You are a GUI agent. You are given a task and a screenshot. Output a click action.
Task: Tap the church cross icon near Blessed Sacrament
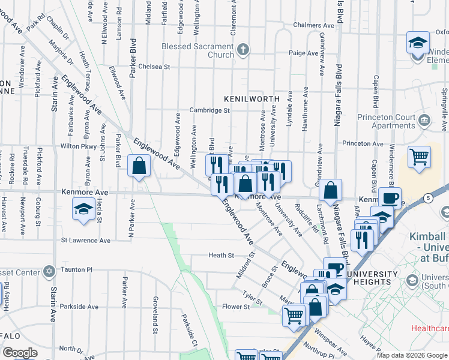243,50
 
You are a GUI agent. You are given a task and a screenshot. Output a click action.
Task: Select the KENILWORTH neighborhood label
252,98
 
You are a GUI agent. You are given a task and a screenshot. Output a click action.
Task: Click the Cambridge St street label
209,110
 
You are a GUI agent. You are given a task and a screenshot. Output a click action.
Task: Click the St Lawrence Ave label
86,240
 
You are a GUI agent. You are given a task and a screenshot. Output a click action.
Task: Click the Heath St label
221,256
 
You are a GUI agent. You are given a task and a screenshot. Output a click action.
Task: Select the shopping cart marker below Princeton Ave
419,157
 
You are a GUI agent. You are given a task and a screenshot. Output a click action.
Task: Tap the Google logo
20,353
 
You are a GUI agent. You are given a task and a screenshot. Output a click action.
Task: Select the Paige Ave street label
304,53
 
